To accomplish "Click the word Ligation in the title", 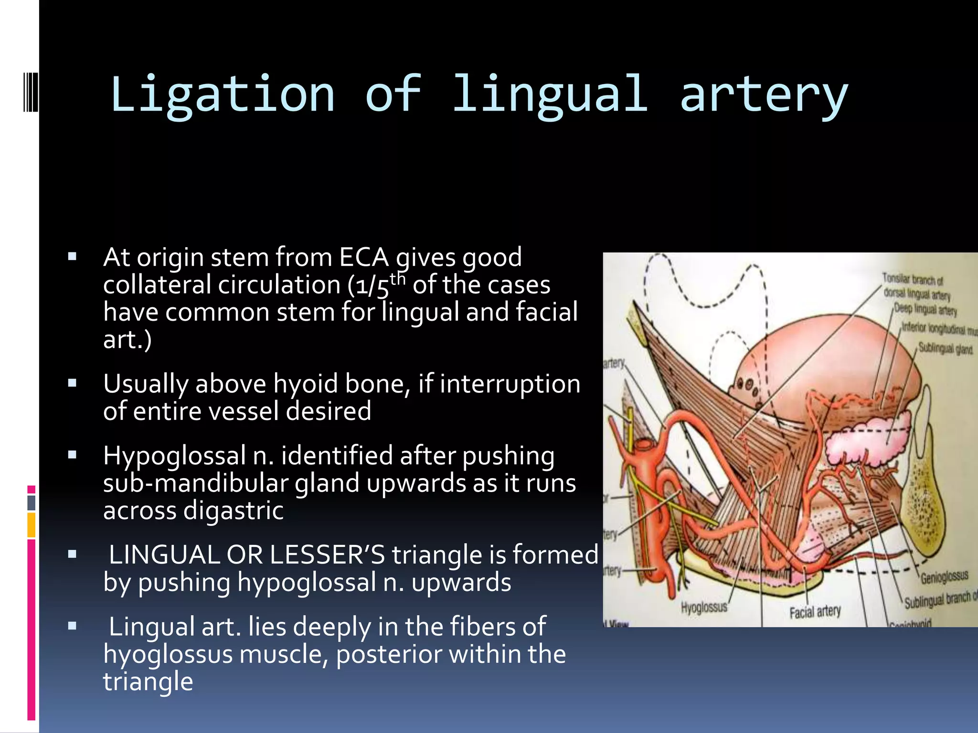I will point(223,94).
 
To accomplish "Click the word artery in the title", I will point(764,94).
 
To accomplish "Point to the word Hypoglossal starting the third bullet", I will point(174,455).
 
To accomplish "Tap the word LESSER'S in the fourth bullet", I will point(327,555).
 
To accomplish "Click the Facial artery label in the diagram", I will point(815,611).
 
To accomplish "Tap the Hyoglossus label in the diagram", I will point(704,607).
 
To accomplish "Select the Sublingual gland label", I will point(946,349).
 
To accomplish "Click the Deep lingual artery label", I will point(925,310).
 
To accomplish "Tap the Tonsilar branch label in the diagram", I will point(912,279).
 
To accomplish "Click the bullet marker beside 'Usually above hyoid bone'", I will point(72,383).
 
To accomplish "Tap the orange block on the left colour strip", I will point(31,525).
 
